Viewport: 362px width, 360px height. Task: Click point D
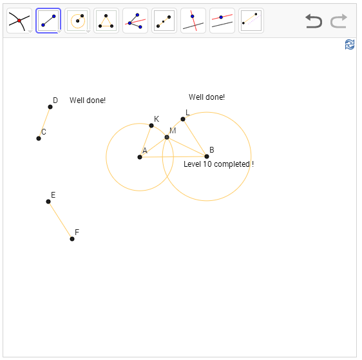[50, 107]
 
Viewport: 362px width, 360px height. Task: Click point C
[39, 138]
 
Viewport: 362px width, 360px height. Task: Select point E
[48, 202]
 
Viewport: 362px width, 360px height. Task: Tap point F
[72, 239]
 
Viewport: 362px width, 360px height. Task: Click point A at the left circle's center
[140, 157]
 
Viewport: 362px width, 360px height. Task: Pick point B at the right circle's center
[207, 156]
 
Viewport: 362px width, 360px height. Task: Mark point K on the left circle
[151, 126]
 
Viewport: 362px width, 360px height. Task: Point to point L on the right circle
[183, 119]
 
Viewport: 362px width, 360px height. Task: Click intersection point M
[167, 137]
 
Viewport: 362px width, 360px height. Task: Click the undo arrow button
[314, 21]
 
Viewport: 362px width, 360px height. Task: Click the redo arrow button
[339, 21]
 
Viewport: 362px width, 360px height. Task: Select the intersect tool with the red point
[19, 21]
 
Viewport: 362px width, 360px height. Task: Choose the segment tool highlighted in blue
[48, 21]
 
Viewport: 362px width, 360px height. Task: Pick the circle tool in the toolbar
[77, 21]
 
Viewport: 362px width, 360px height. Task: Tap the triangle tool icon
[106, 21]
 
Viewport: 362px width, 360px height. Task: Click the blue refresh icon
[350, 44]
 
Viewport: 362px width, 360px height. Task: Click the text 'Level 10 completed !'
[218, 164]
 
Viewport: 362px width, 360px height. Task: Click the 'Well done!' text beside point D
[88, 100]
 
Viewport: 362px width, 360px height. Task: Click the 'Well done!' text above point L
[207, 97]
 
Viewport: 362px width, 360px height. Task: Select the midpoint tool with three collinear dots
[164, 21]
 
